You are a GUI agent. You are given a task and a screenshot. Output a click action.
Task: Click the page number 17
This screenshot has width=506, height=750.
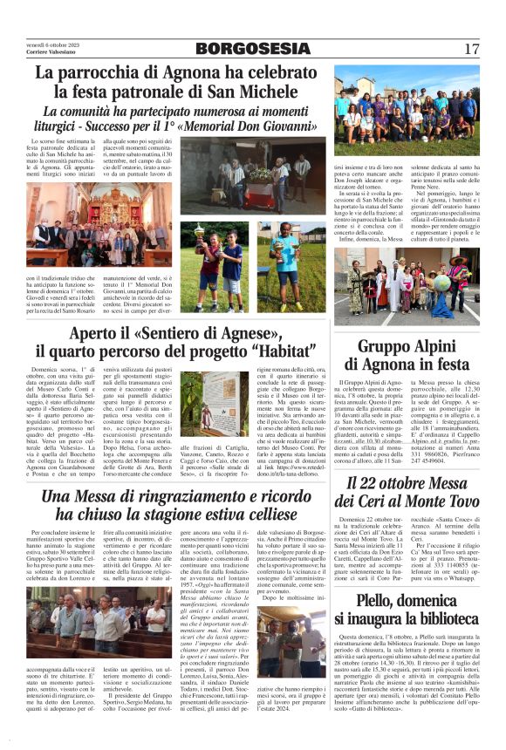coord(471,49)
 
